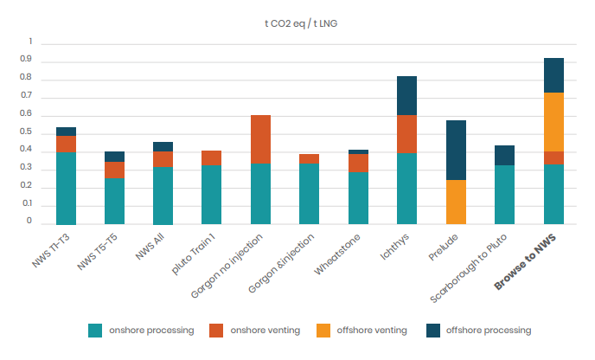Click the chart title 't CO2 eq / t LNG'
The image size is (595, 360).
coord(298,22)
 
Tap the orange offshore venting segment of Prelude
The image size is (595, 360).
coord(456,202)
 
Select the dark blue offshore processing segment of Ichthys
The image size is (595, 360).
coord(407,95)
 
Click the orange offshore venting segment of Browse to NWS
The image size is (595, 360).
coord(553,122)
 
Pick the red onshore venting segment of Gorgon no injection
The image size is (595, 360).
coord(260,139)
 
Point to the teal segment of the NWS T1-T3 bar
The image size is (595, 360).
coord(66,188)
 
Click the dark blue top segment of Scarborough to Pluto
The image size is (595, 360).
coord(505,155)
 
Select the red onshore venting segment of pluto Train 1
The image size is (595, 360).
coord(212,157)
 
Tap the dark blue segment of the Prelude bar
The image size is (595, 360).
coord(456,150)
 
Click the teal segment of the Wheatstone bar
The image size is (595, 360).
coord(358,198)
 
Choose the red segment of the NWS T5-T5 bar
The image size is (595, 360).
coord(114,170)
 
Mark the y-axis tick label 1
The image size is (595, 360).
coord(30,42)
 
